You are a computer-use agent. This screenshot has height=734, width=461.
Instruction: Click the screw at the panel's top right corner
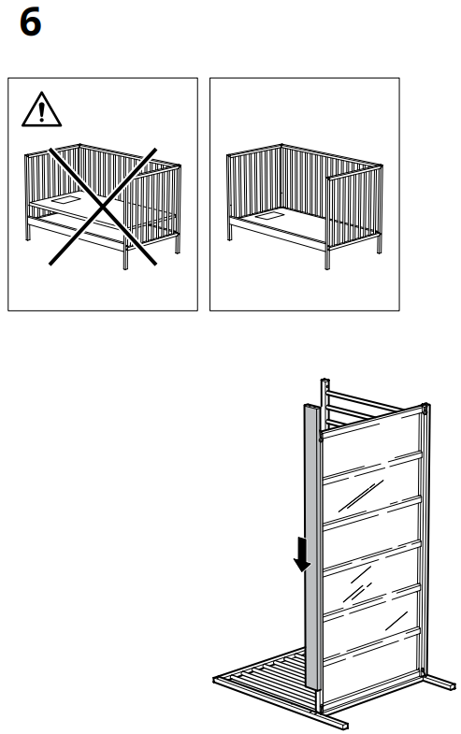click(426, 410)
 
